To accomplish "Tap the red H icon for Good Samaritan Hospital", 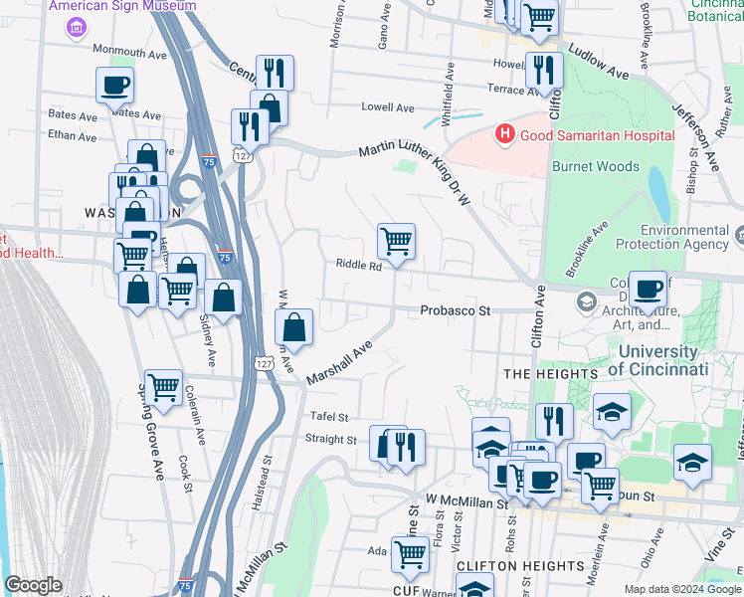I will tap(505, 133).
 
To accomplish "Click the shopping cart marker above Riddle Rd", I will tap(396, 241).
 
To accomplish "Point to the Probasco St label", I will tap(456, 310).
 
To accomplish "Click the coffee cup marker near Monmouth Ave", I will tap(114, 85).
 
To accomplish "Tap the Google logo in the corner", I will tap(33, 585).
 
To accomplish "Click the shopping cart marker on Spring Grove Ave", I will tap(163, 387).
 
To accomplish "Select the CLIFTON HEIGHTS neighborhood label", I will tap(519, 565).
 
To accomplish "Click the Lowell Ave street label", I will tap(387, 107).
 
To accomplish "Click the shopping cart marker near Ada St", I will tap(410, 558).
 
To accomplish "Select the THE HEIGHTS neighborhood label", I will tap(550, 373).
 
